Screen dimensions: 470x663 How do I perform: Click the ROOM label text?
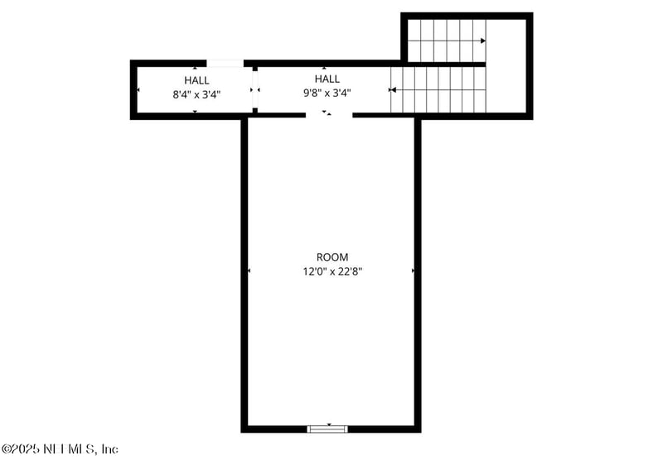(x=332, y=257)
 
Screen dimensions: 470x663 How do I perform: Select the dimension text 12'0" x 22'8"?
(x=332, y=271)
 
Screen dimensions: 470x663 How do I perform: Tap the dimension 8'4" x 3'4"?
(x=196, y=94)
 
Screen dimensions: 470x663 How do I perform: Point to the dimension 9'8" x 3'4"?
(x=327, y=93)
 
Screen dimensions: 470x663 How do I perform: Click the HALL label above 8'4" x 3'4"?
(x=196, y=80)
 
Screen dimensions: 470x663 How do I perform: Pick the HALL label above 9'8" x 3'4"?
(x=327, y=79)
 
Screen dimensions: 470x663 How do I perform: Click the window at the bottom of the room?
(x=327, y=429)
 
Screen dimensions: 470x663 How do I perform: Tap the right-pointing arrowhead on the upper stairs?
(x=482, y=41)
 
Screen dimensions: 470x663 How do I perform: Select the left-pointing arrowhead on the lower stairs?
(x=393, y=89)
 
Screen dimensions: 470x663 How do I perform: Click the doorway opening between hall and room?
(x=329, y=116)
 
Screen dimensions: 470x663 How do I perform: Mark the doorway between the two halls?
(x=255, y=89)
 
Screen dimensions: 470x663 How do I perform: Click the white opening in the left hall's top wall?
(x=225, y=63)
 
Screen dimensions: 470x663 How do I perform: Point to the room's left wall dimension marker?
(x=249, y=271)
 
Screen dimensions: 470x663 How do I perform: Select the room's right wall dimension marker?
(x=413, y=271)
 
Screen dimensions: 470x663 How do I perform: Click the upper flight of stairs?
(x=445, y=40)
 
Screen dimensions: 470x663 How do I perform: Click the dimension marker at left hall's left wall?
(x=138, y=89)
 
